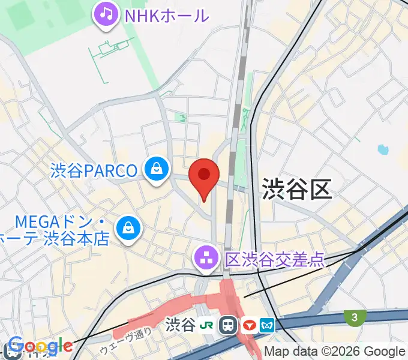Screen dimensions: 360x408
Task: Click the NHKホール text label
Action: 166,15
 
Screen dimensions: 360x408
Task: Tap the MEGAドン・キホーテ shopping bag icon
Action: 128,229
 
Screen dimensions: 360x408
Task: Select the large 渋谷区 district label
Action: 296,190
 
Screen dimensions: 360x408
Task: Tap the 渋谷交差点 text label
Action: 275,259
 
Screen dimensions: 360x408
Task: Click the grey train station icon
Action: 228,326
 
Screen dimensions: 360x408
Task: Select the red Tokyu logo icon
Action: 248,326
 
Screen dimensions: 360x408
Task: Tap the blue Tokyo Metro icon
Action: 268,326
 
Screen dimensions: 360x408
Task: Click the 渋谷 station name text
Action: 179,326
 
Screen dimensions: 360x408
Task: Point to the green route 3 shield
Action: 355,317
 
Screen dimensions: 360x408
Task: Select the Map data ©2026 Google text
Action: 334,352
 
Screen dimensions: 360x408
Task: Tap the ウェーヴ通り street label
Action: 118,340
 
